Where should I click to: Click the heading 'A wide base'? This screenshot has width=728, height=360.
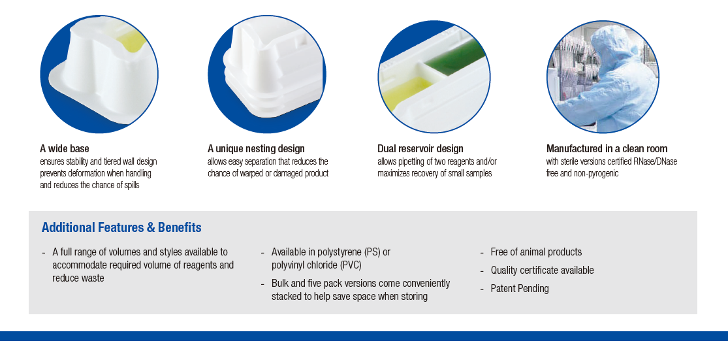[x=65, y=149]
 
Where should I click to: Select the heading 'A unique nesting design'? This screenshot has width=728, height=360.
[x=257, y=149]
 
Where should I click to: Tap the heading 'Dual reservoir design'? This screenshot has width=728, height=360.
[x=420, y=149]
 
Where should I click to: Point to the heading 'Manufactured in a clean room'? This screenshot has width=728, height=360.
[x=607, y=149]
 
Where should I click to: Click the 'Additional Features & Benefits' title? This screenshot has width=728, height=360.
[x=121, y=227]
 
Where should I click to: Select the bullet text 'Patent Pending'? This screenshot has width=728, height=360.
[x=520, y=289]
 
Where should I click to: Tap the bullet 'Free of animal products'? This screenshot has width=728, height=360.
[x=536, y=252]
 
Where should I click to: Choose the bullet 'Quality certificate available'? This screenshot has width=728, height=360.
[x=543, y=270]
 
